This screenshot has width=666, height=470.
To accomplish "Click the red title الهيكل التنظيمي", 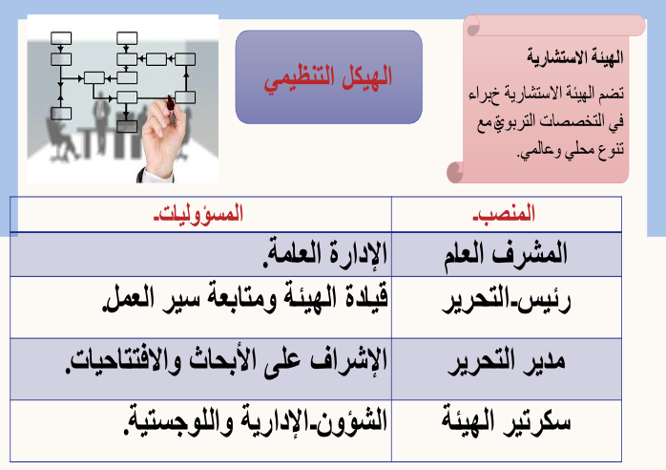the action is tap(328, 77).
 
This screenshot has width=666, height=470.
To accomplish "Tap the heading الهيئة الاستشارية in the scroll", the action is tap(575, 56).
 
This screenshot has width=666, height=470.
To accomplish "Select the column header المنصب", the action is tap(504, 213).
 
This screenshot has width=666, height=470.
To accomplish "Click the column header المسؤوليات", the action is tap(198, 213).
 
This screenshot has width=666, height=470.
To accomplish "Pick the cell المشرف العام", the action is tap(506, 254).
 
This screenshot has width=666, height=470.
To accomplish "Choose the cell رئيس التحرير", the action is tap(507, 301).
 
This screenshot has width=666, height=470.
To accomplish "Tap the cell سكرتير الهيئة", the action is tap(506, 421).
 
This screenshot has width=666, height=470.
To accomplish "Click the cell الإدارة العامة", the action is tap(325, 254).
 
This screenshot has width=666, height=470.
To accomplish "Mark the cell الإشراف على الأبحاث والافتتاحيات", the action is tap(226, 361).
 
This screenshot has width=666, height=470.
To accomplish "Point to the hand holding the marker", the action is tap(162, 137).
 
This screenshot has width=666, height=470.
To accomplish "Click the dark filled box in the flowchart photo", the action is tap(127, 127).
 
